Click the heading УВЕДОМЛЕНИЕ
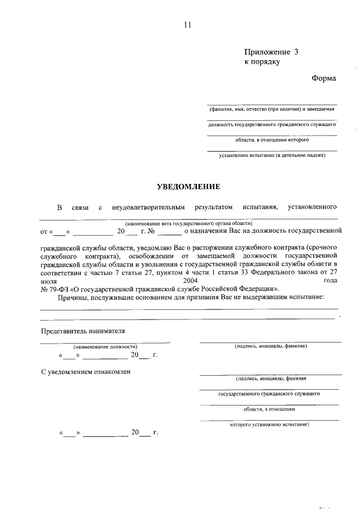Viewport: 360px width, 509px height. pos(188,186)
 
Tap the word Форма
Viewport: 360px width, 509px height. pos(323,78)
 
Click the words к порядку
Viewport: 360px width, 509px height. pos(262,62)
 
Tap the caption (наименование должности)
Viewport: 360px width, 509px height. pos(105,347)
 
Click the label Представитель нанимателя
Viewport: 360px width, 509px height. pos(83,331)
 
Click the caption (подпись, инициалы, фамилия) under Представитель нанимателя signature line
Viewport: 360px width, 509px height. pos(271,346)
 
